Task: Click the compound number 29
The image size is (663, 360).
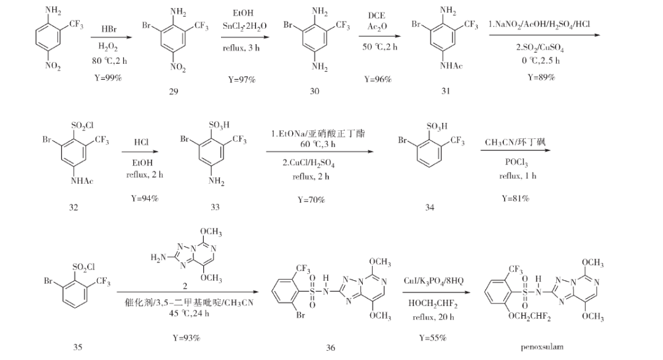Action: (x=173, y=91)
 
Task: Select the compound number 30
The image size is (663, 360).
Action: (x=315, y=91)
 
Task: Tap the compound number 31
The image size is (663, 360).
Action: (x=445, y=91)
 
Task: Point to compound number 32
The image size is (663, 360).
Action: (x=74, y=207)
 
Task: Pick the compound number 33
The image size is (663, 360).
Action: (x=215, y=207)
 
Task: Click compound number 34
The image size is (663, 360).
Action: (x=430, y=208)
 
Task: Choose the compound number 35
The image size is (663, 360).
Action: (x=78, y=347)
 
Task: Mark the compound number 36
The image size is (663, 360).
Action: (x=331, y=348)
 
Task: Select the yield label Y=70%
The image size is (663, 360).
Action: (x=311, y=200)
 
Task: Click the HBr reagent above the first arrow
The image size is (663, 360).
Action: (x=112, y=29)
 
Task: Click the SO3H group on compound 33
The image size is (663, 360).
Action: (x=219, y=125)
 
